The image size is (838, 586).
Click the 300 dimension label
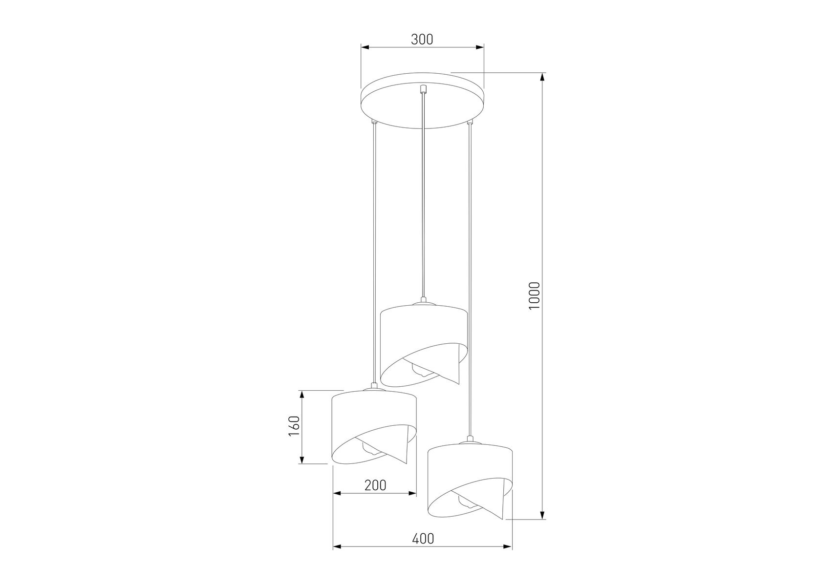click(x=422, y=39)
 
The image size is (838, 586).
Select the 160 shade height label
click(x=294, y=426)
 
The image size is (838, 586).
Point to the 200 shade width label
click(x=375, y=485)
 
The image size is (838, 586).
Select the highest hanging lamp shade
click(x=424, y=344)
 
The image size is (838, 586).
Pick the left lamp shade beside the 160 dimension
click(x=374, y=426)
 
